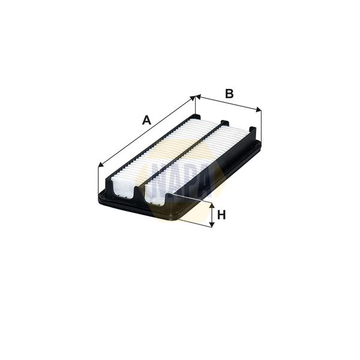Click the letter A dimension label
[146, 120]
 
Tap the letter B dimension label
[229, 94]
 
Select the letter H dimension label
[221, 215]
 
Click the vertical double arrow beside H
[211, 215]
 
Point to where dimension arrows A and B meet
[196, 96]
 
